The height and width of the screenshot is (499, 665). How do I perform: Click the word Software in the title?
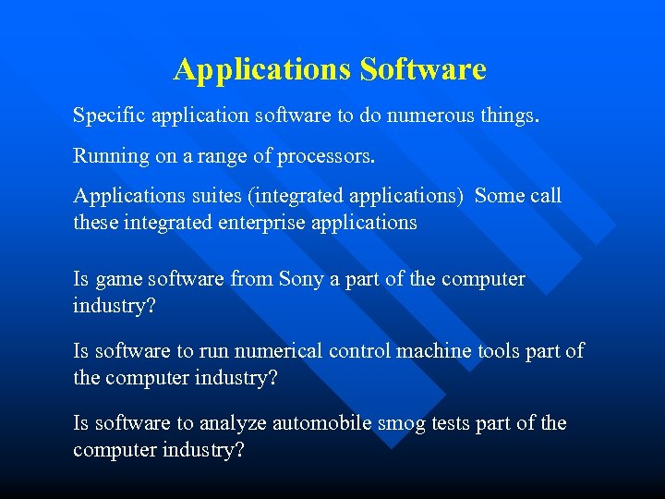tap(423, 69)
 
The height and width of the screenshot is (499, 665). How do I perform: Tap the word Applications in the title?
tap(262, 69)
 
